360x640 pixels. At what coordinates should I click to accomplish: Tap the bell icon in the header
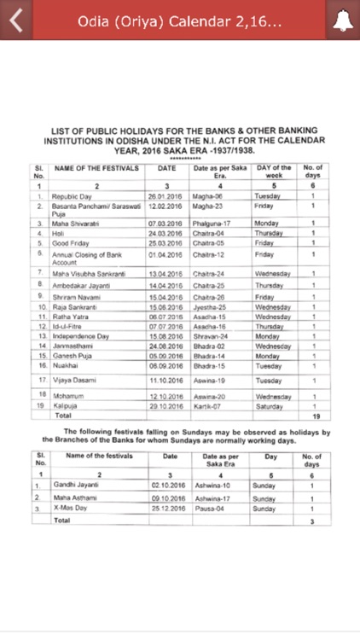tap(343, 20)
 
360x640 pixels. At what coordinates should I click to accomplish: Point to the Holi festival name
tap(60, 232)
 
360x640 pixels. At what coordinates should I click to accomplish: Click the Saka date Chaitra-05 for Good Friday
tap(207, 242)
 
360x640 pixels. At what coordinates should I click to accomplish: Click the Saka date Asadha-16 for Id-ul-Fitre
tap(207, 326)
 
